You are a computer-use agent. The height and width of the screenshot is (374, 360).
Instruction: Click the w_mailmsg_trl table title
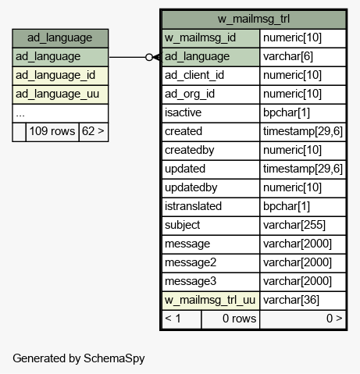point(254,19)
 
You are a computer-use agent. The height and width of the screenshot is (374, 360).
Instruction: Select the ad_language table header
point(60,38)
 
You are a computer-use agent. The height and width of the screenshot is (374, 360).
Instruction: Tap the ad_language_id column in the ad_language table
point(60,76)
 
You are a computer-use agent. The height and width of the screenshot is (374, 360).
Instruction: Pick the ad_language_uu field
point(60,94)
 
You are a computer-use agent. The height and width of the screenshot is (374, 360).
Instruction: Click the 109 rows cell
point(52,132)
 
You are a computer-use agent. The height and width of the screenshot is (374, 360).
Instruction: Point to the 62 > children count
point(94,132)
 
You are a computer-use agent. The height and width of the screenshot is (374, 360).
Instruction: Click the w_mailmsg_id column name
point(211,38)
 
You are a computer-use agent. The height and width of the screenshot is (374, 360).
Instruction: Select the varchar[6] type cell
point(303,57)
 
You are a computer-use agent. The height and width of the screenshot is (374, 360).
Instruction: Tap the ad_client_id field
point(211,76)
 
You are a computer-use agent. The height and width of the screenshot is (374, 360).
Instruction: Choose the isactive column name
point(211,113)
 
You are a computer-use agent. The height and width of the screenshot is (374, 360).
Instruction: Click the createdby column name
point(211,151)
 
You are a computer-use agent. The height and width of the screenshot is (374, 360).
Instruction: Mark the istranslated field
point(211,207)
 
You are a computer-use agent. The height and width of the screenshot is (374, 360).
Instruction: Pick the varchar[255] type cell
point(303,226)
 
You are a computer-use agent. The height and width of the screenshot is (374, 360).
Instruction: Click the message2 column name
point(211,263)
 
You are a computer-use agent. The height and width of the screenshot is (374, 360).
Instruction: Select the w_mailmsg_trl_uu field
point(211,301)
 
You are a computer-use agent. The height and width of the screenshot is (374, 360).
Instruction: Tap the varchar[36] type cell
point(303,301)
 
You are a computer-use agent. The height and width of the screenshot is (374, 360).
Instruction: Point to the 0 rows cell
point(230,319)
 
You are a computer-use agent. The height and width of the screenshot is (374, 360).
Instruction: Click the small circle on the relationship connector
point(149,57)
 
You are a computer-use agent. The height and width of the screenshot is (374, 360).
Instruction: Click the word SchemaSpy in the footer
point(114,358)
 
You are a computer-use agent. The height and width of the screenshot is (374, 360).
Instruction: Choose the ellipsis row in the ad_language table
point(60,113)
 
